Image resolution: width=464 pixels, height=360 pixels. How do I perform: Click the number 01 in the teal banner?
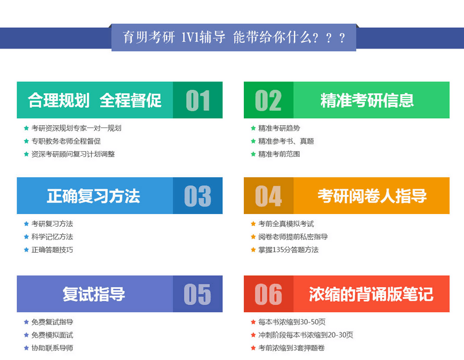click(x=198, y=100)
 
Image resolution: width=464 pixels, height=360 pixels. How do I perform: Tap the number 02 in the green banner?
click(x=268, y=100)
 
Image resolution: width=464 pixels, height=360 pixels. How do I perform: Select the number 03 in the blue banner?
click(x=198, y=196)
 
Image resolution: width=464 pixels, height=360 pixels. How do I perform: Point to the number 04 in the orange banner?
click(x=269, y=196)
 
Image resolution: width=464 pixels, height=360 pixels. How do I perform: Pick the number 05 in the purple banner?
click(x=197, y=294)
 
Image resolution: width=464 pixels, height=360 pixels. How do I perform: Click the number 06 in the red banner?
click(x=268, y=294)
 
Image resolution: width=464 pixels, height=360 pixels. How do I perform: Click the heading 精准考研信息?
click(x=367, y=100)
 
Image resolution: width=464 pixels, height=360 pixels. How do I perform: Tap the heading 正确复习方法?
click(x=93, y=196)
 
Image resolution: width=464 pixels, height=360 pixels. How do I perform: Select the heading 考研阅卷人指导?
click(x=372, y=196)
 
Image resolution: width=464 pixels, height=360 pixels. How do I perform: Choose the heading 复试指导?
click(x=93, y=294)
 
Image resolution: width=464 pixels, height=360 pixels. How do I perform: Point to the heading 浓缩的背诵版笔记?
click(x=371, y=294)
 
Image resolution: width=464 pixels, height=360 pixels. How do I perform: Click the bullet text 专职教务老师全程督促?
click(x=66, y=141)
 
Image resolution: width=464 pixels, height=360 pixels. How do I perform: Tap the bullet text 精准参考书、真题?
click(x=286, y=141)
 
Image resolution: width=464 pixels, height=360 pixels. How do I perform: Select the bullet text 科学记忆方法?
click(x=52, y=237)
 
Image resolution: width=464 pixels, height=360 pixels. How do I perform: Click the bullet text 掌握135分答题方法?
click(x=288, y=250)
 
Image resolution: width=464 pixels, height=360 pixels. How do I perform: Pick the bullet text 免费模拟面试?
click(x=52, y=335)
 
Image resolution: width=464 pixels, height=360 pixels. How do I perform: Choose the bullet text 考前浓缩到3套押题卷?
click(x=292, y=348)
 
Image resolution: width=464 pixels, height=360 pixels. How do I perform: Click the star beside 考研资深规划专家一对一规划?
click(x=26, y=128)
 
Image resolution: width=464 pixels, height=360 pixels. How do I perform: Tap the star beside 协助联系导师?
click(x=26, y=348)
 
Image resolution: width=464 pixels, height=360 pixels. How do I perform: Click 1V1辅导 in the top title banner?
click(x=203, y=37)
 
